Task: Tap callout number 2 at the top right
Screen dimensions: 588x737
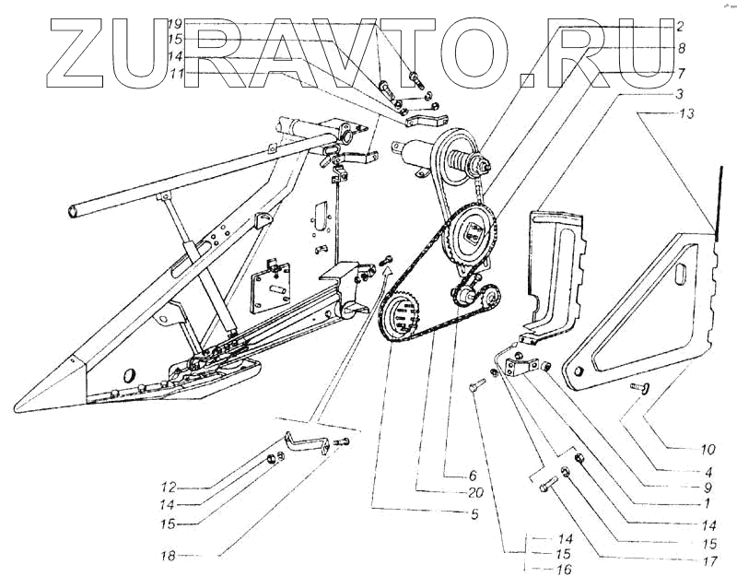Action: [680, 28]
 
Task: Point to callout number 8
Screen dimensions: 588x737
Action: [680, 48]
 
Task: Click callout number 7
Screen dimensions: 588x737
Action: [680, 71]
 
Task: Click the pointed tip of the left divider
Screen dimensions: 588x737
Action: [20, 406]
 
